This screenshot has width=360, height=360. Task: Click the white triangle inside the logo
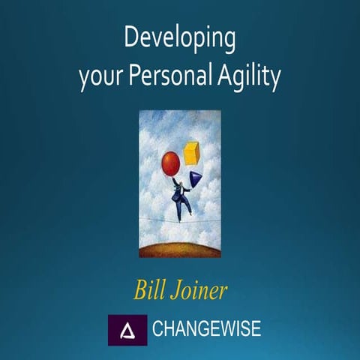(127, 329)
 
